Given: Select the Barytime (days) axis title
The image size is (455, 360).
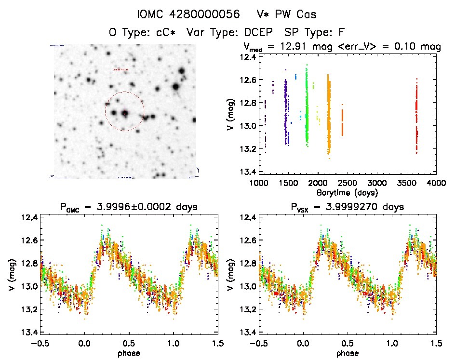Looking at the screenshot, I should coord(347,192).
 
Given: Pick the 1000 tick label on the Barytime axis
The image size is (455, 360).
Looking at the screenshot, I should coord(259,184).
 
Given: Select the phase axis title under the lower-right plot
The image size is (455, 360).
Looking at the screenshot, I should coord(347,352).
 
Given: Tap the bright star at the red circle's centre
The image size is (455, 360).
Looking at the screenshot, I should coord(125,113).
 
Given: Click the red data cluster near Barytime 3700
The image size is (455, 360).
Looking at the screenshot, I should coord(416,116).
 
